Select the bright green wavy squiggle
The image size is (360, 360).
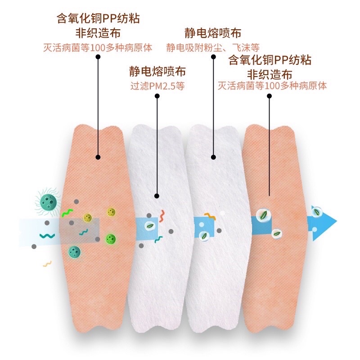click(67, 212)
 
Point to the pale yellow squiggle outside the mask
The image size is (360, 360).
click(47, 263)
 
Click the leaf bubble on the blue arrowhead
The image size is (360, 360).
click(317, 211)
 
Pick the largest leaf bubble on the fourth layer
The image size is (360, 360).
click(262, 216)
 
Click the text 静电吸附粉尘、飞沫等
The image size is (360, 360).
click(212, 47)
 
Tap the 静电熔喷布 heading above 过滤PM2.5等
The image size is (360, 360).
click(157, 72)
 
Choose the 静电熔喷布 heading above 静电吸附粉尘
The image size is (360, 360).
click(213, 33)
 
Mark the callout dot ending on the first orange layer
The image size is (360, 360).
click(98, 157)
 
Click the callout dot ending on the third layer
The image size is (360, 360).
click(213, 157)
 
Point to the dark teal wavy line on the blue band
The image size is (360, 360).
click(47, 235)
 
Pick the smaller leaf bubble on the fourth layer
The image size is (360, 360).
click(276, 233)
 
